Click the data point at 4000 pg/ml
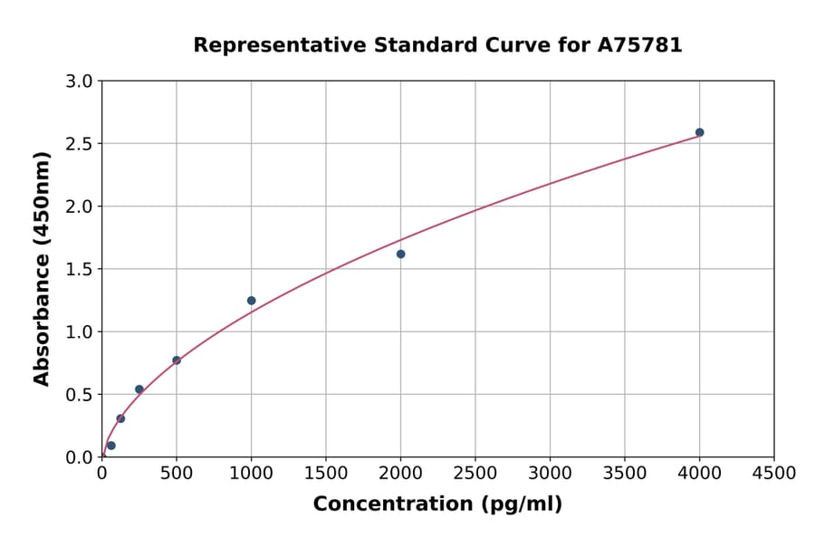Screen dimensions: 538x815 coord(699,132)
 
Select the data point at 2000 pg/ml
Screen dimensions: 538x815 coord(400,254)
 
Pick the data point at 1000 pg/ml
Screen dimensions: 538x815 coord(251,301)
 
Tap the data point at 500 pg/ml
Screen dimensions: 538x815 coord(177,360)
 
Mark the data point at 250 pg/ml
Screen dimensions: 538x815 coord(139,389)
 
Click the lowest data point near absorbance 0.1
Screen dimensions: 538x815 coord(111,446)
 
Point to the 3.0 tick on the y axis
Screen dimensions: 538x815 coord(81,82)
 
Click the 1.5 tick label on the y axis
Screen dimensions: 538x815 coord(81,269)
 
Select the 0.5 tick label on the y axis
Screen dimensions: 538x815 coord(81,395)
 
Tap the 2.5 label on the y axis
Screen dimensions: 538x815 coord(81,144)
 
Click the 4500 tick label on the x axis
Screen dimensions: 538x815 coord(773,474)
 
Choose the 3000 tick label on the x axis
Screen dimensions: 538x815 coord(550,474)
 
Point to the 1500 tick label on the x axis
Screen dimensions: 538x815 coord(326,474)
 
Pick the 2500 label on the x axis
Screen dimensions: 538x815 coord(475,474)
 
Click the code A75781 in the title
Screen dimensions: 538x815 coord(641,44)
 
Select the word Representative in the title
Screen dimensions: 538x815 coord(267,44)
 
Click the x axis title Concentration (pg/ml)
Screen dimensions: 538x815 coord(437,504)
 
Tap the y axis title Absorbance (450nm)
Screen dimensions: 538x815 coord(42,268)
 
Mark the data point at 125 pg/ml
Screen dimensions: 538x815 coord(120,418)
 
